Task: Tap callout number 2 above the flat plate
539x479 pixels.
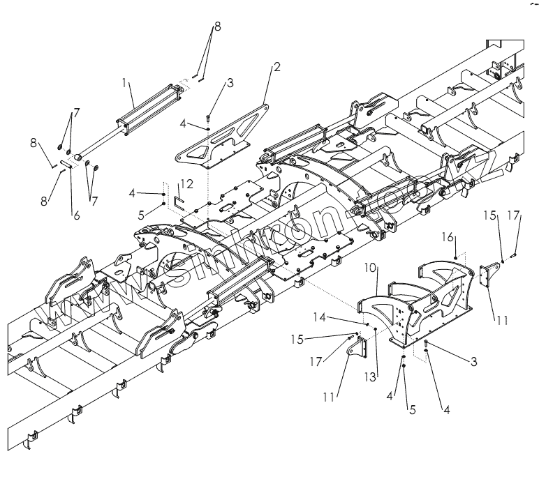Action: click(276, 68)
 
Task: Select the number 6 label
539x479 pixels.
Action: click(76, 215)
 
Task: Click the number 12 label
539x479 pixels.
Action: click(185, 184)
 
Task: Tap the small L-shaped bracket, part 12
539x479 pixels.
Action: click(178, 203)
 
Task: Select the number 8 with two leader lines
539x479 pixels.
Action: click(217, 26)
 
